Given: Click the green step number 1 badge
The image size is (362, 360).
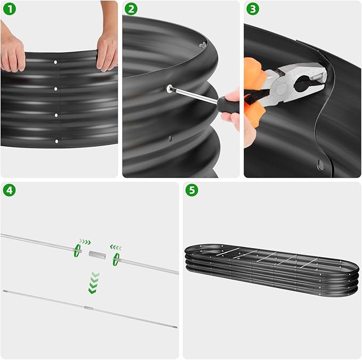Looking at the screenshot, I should [x=9, y=9].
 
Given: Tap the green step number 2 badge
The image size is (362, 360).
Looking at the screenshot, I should [x=131, y=9].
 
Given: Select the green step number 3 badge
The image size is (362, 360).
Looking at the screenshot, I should [x=253, y=9].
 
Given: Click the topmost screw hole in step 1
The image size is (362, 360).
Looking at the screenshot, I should [x=56, y=62].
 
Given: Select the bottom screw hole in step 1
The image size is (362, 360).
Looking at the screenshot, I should [x=56, y=141].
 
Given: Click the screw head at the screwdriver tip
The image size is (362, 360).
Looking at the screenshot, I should [x=169, y=89].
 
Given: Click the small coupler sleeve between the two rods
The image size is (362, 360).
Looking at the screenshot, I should [x=97, y=255].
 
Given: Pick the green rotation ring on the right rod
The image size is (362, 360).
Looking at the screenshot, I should [x=116, y=259].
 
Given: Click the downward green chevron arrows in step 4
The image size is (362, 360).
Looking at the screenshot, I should [x=94, y=282].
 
